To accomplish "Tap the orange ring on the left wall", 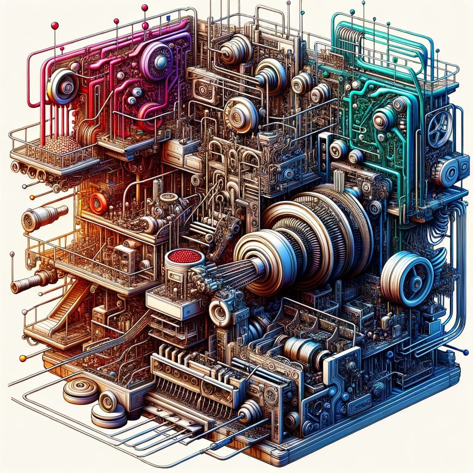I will pyautogui.click(x=98, y=203).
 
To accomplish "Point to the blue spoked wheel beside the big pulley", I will pyautogui.click(x=406, y=279).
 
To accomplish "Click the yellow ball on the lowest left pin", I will pyautogui.click(x=22, y=358).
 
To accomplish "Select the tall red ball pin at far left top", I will pyautogui.click(x=55, y=26).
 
